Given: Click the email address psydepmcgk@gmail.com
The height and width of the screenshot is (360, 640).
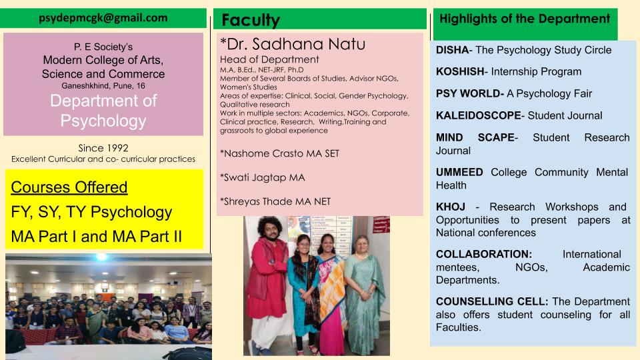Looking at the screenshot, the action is coord(103,18).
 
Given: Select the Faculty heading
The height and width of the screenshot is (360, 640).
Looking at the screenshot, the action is coord(251,20).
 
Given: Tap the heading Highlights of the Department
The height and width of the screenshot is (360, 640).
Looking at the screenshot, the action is coord(525,19).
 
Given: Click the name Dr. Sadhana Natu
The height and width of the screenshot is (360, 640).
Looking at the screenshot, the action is coord(296,44).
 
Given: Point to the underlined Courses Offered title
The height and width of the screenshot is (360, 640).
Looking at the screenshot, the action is coord(69,187).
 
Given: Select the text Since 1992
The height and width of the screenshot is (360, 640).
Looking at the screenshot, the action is coord(103,148).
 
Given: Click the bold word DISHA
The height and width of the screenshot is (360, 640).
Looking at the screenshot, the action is coord(452,50).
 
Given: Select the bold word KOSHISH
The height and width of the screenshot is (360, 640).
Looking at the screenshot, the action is coord(460,71).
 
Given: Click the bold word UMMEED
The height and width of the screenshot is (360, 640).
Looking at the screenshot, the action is coord(459,172).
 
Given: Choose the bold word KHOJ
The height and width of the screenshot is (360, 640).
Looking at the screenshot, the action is coord(451,207).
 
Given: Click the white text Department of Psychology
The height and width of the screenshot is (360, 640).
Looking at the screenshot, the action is coord(103,111).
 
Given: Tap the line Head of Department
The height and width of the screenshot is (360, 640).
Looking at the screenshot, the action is coord(269,59).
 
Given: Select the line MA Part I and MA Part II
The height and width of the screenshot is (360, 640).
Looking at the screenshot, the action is coord(96,237).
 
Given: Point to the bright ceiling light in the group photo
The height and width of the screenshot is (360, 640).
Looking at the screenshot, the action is coord(101,257).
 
